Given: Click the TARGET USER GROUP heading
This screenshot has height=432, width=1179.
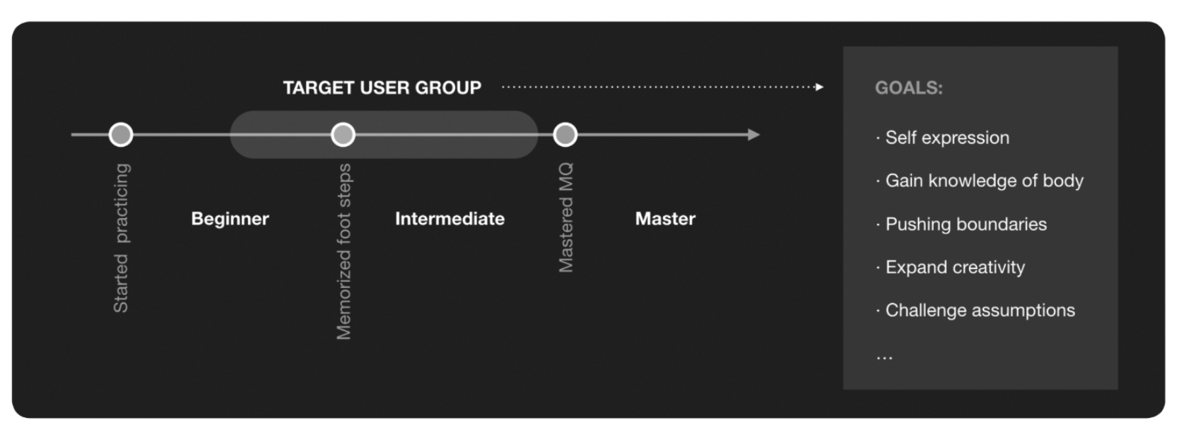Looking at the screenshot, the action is [382, 88].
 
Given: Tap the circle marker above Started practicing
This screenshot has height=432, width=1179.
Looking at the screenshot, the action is [121, 134].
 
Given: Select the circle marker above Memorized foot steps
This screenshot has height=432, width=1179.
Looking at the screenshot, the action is [343, 134].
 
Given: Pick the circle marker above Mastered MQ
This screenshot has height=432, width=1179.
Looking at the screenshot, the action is [565, 134].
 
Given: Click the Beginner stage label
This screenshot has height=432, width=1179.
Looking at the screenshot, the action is [230, 219].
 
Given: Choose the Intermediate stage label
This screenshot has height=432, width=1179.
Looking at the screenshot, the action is [450, 219].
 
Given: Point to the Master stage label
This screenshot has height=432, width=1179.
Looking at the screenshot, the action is [665, 219].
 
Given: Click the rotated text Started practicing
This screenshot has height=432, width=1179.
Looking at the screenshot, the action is [121, 238].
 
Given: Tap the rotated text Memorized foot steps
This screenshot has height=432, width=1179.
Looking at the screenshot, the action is [344, 251].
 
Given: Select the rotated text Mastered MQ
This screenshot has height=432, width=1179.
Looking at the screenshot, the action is [565, 217].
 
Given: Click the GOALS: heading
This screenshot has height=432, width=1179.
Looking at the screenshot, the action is [908, 88].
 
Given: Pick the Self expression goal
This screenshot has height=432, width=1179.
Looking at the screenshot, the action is [946, 138].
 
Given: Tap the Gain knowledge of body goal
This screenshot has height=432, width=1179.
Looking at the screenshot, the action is [983, 181].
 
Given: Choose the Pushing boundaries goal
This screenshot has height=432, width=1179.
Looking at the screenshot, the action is [966, 224].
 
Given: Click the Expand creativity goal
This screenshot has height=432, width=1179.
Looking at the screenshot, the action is [954, 268].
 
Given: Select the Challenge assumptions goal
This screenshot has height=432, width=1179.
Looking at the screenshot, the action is [980, 311].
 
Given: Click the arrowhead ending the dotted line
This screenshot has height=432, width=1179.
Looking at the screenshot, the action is [819, 87].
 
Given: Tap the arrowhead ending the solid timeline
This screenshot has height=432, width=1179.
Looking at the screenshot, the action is [754, 134].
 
